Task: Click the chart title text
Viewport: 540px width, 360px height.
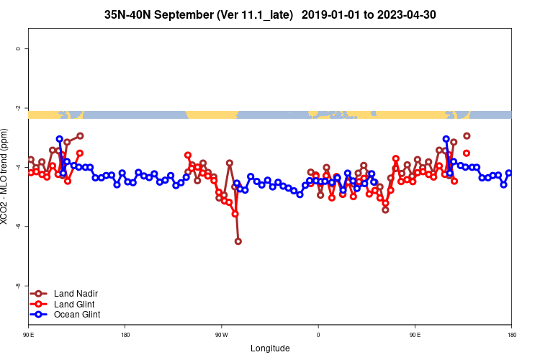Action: (270, 14)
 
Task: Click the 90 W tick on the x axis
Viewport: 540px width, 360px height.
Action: (221, 335)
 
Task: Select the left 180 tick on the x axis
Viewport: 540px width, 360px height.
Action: (125, 335)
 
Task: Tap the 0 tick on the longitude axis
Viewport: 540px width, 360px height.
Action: (318, 335)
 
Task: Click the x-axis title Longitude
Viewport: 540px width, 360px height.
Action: (270, 348)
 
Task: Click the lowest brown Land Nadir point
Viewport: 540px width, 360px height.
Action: (238, 241)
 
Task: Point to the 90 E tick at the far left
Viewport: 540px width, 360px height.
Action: (29, 335)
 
